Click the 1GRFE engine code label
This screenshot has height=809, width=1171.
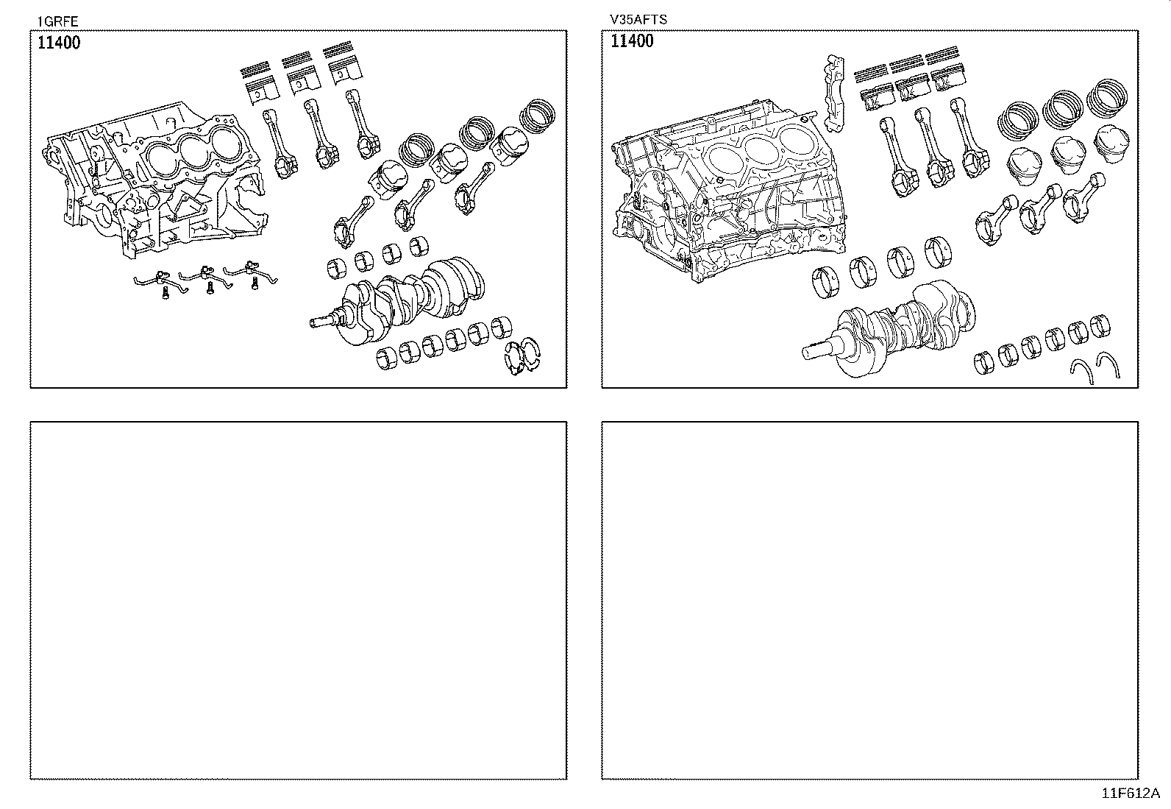coord(57,21)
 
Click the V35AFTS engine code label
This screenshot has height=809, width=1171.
coord(638,20)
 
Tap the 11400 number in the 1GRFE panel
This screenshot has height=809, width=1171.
coord(59,43)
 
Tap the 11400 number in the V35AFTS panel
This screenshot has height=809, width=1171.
coord(632,41)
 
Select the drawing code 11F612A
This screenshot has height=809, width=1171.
coord(1130,794)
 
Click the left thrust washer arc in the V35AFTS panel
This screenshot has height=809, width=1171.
coord(1081,367)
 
